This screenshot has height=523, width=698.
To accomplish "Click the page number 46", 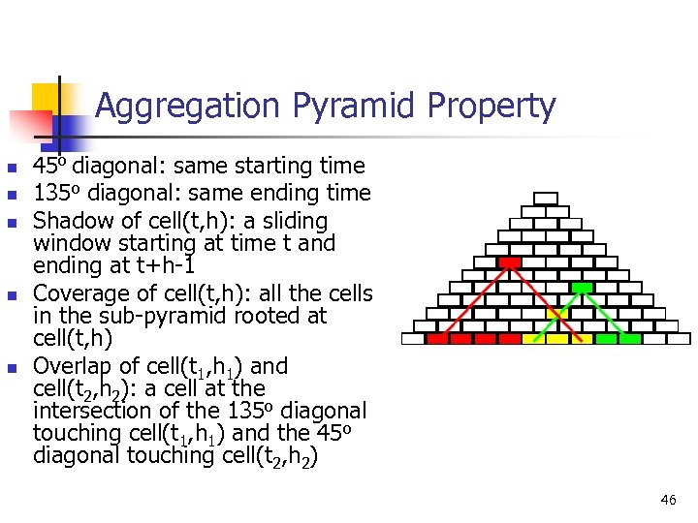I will coord(667,500).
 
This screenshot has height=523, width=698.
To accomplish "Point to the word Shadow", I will coord(72,221).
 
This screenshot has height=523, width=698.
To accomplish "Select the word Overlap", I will coord(73,366).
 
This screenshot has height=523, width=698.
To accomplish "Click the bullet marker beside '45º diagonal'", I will coord(10,168).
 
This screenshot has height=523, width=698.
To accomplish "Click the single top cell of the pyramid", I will coord(547,199).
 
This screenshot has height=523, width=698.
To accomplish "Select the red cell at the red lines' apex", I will coord(509,262).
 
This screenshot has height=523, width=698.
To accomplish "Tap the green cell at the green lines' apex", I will coord(582,288).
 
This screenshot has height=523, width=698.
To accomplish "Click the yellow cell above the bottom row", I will coord(557,313).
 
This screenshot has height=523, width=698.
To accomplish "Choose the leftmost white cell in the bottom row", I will coord(413,339).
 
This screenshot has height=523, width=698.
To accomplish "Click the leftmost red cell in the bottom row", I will coord(437,339).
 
